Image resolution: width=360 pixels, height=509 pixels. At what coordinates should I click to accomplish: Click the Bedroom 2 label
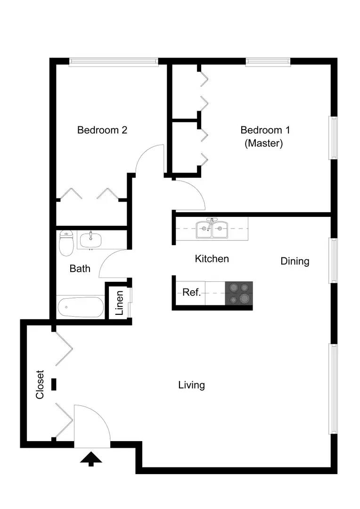102,130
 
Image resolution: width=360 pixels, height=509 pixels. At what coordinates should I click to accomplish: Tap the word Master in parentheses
263,143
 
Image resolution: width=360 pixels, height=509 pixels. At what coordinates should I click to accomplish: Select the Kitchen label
212,259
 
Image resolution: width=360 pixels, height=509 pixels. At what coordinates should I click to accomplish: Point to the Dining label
295,261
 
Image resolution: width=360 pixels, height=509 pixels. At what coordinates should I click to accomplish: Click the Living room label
191,386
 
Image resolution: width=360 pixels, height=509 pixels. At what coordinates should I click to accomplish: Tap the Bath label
80,269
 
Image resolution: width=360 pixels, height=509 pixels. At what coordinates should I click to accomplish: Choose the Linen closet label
120,303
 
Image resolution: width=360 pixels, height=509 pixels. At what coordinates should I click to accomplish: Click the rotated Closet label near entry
40,385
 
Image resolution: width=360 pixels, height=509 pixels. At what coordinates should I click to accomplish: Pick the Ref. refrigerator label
191,292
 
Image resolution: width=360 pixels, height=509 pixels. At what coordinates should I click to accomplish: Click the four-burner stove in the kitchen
238,294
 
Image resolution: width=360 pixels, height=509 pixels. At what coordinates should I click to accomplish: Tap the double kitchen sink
212,229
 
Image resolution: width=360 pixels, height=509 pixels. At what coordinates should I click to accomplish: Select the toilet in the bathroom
66,243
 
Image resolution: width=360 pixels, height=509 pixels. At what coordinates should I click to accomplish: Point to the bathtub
81,307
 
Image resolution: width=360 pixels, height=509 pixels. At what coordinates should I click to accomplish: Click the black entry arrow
91,459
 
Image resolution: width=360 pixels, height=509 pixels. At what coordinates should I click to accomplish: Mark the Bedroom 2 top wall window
114,62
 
